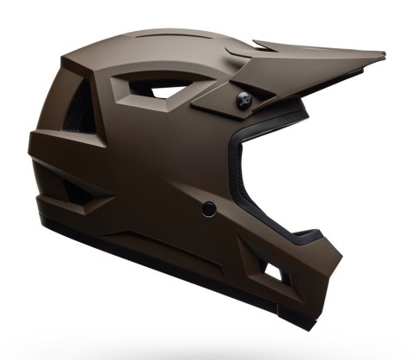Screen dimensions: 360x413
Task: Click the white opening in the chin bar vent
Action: (274, 275)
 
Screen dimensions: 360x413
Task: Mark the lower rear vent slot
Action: (75, 191)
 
